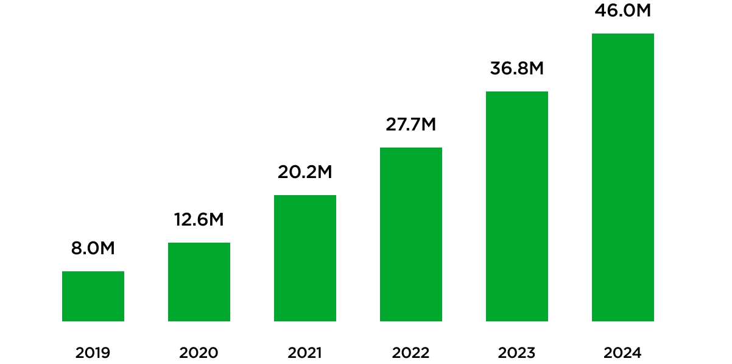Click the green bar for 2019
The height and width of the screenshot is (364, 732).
tap(93, 296)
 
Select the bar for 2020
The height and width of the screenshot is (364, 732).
tap(199, 282)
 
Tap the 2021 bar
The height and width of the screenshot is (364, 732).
tap(305, 258)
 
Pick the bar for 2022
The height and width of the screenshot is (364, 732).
tap(411, 234)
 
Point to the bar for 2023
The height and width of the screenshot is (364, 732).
tap(517, 206)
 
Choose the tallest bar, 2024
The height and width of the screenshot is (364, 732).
tap(623, 177)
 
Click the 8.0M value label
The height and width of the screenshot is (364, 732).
tap(93, 248)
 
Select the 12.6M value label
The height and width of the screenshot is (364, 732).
tap(199, 219)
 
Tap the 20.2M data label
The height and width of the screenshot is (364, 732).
tap(305, 172)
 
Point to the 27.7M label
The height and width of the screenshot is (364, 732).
tap(411, 124)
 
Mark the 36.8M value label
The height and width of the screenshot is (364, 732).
tap(517, 68)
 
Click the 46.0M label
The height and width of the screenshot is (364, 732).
tap(623, 11)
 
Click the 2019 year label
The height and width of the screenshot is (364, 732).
tap(93, 352)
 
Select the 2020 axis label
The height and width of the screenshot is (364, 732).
tap(199, 352)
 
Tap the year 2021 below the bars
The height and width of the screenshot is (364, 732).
tap(305, 352)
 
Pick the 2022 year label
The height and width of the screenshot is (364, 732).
tap(411, 352)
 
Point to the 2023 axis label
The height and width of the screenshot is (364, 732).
tap(517, 352)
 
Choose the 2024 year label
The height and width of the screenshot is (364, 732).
tap(623, 352)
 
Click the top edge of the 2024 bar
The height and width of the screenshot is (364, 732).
tap(623, 34)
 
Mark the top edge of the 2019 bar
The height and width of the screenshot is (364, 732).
tap(93, 272)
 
